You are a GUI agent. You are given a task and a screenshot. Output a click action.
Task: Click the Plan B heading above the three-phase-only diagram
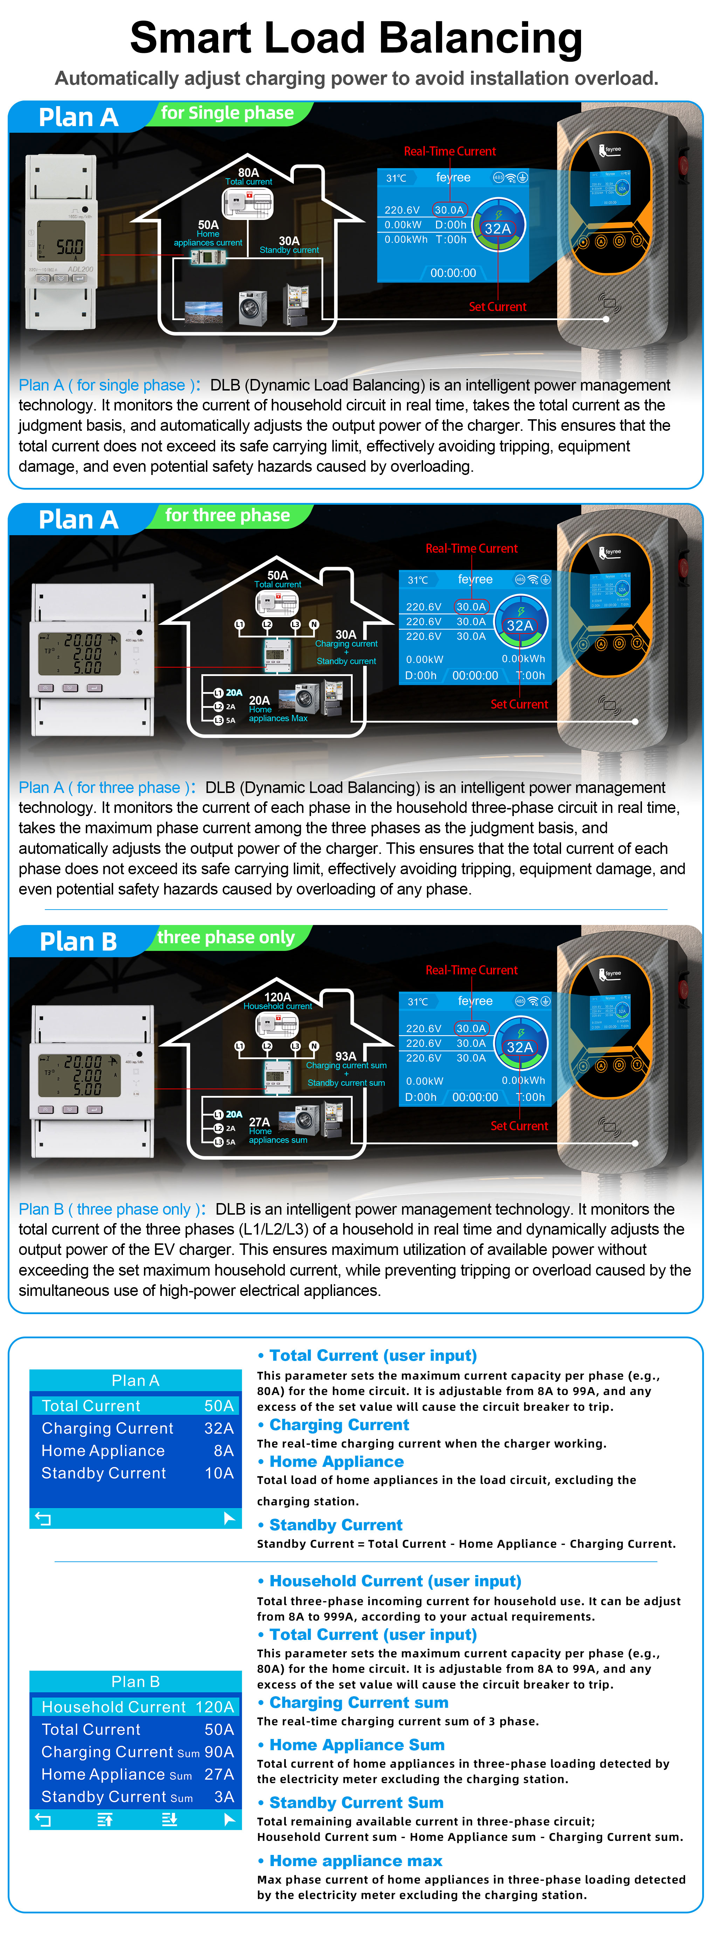78,942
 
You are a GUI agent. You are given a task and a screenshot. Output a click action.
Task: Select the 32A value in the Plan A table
218,1428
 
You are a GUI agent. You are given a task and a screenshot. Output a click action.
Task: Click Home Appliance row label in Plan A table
103,1450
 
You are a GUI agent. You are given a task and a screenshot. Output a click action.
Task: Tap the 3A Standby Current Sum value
223,1796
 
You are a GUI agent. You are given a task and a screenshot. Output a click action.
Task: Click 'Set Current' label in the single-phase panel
497,307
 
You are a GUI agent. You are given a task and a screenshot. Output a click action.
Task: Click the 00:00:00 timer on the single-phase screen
453,273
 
